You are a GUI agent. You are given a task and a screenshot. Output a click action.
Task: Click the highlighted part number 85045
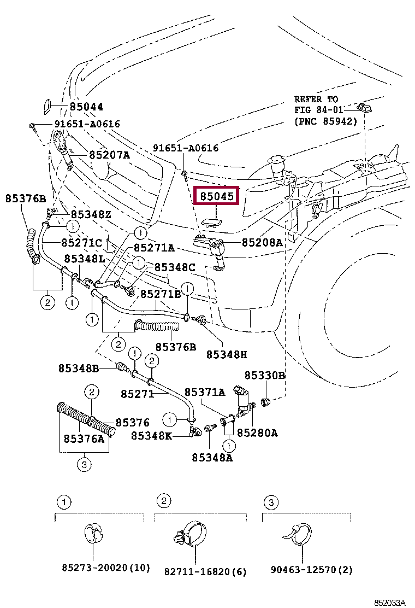tap(217, 195)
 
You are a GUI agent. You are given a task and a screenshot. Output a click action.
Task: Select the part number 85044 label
tap(86, 107)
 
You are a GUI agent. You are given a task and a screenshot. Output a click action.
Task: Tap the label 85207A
tap(109, 155)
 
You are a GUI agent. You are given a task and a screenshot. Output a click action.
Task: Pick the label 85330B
tap(264, 375)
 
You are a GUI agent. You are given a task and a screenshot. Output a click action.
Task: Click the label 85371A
tap(204, 392)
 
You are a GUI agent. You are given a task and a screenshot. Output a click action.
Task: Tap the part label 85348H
tap(226, 354)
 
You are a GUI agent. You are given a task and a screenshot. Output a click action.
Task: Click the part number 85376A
tap(84, 439)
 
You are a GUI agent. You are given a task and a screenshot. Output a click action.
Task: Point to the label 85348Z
tap(91, 214)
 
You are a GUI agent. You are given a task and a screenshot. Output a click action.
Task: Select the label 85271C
tap(81, 242)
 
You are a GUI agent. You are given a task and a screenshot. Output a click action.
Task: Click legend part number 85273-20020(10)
tap(105, 569)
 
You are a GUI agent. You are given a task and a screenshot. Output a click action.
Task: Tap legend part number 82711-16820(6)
tap(205, 572)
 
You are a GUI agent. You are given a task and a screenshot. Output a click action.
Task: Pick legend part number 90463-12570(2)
tap(312, 570)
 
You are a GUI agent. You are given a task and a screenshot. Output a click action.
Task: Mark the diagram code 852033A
tap(389, 603)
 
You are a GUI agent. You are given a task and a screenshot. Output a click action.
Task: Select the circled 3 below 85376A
tap(83, 465)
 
